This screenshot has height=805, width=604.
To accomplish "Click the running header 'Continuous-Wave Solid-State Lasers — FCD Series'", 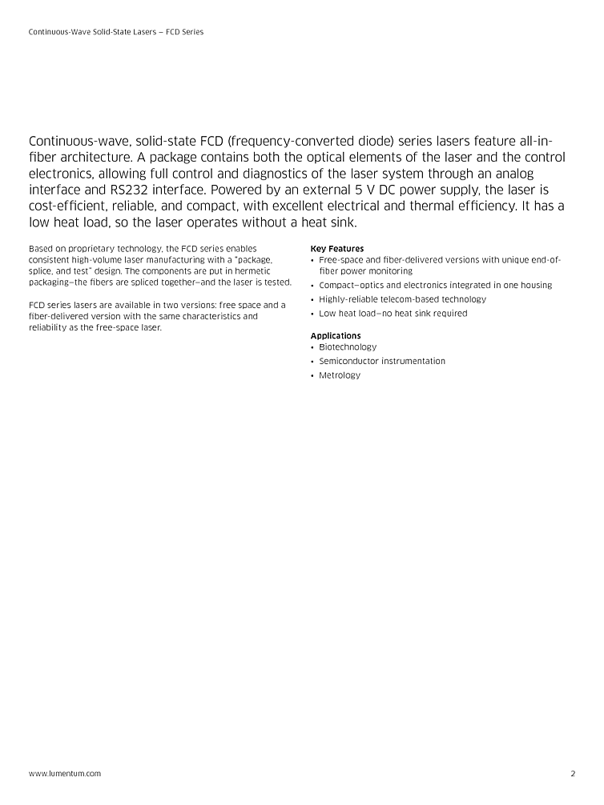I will click(x=116, y=32).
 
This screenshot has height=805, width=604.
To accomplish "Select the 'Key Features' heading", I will click(x=336, y=249).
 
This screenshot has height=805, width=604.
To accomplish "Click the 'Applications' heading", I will click(x=336, y=336).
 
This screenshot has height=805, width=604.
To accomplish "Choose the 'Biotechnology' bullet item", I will click(x=348, y=347).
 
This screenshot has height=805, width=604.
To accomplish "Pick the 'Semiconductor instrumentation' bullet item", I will click(x=382, y=361).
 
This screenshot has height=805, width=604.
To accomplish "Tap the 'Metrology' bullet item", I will click(x=340, y=375).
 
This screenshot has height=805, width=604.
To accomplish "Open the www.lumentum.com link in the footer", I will click(x=65, y=774).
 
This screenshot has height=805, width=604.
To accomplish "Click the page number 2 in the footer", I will click(x=573, y=774).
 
